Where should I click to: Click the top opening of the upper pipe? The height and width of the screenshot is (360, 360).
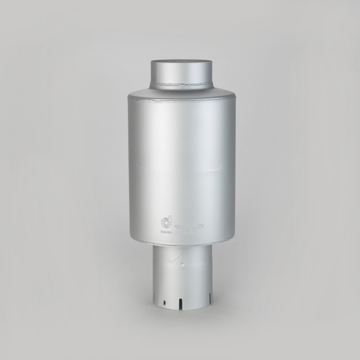click(x=181, y=63)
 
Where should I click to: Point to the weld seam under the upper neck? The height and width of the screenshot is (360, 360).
click(x=181, y=87)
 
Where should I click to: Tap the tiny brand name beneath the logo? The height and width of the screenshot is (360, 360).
click(x=166, y=230)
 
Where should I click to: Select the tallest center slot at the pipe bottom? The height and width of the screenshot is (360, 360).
click(x=180, y=303)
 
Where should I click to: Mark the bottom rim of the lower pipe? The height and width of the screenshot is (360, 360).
click(x=181, y=307)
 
